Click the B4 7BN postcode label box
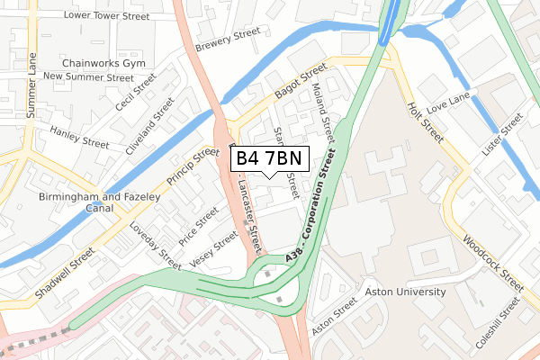click(x=273, y=159)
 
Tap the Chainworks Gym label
click(x=103, y=64)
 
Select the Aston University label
click(x=405, y=292)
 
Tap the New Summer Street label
click(x=88, y=77)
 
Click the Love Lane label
click(x=449, y=109)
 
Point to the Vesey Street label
click(x=214, y=249)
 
